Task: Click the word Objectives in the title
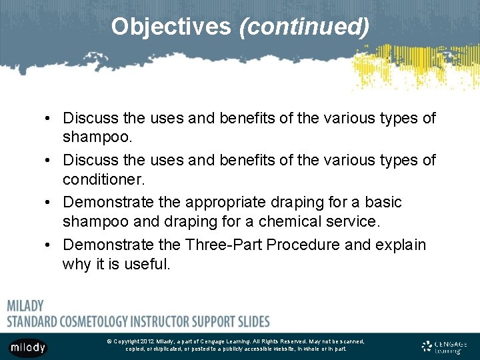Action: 171,27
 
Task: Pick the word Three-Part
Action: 222,244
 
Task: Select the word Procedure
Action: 303,244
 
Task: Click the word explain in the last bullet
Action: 401,244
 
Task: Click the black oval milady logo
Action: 27,347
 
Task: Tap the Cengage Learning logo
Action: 445,346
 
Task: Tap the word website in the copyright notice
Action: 271,349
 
